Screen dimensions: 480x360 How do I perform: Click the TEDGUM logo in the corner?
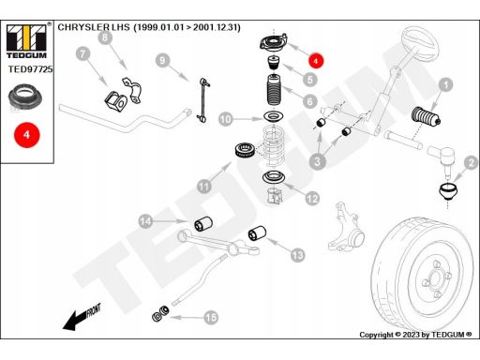[26, 41]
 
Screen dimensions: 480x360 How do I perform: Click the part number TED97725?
[30, 69]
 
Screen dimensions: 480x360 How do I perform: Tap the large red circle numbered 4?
[27, 135]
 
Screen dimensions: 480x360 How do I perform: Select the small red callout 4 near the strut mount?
[316, 60]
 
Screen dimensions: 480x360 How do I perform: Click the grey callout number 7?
[82, 54]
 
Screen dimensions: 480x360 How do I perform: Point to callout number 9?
[162, 60]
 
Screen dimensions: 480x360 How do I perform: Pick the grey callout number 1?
[445, 84]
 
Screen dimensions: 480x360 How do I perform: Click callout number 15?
[211, 318]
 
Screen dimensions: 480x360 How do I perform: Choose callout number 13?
[297, 255]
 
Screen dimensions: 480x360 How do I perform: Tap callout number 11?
[204, 187]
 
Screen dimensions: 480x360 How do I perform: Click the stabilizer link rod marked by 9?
[203, 99]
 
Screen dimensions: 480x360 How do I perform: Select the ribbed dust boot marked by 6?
[275, 91]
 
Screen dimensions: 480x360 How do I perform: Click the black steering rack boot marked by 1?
[427, 116]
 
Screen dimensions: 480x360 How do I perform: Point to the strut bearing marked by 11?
[246, 150]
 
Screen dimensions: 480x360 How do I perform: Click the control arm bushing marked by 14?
[203, 224]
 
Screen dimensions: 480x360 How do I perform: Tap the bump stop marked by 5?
[274, 63]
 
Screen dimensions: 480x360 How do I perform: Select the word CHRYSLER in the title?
[83, 27]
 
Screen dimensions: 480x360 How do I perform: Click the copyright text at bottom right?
[415, 335]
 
